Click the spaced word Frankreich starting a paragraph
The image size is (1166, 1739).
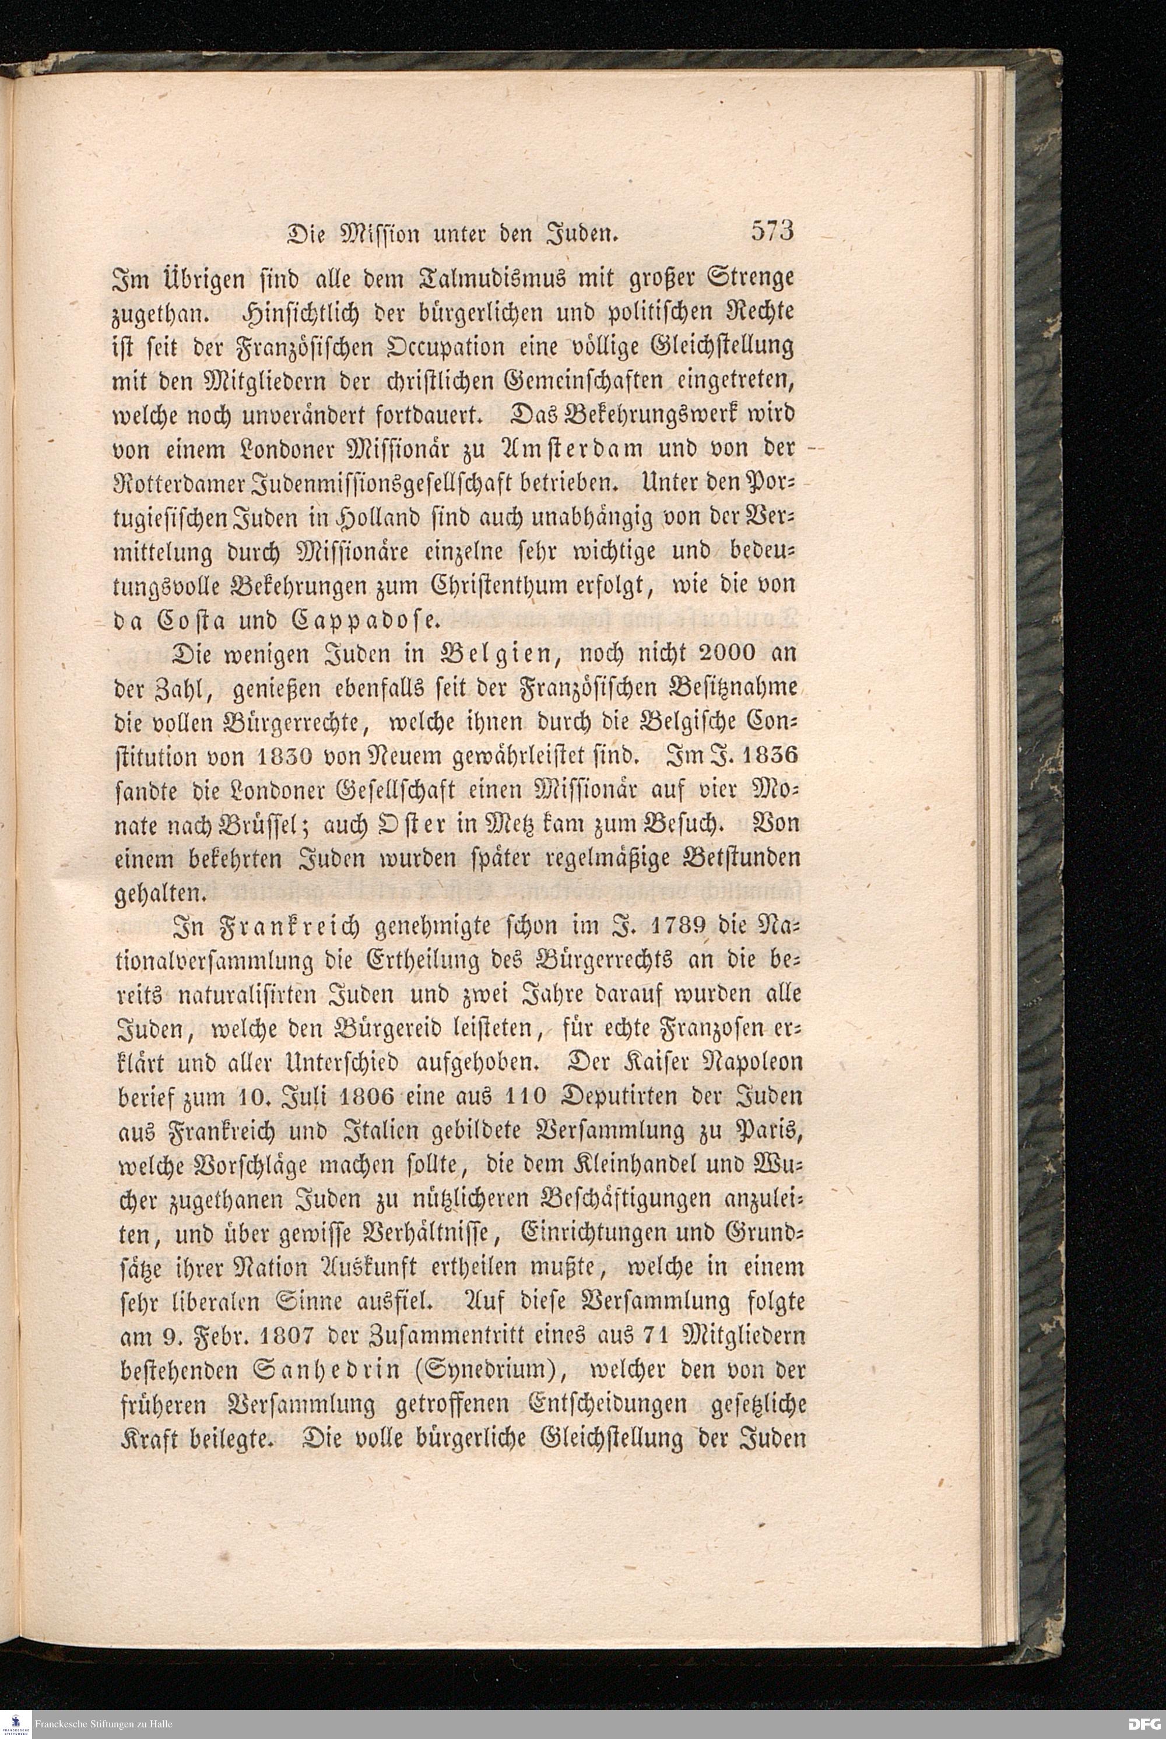(x=287, y=928)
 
